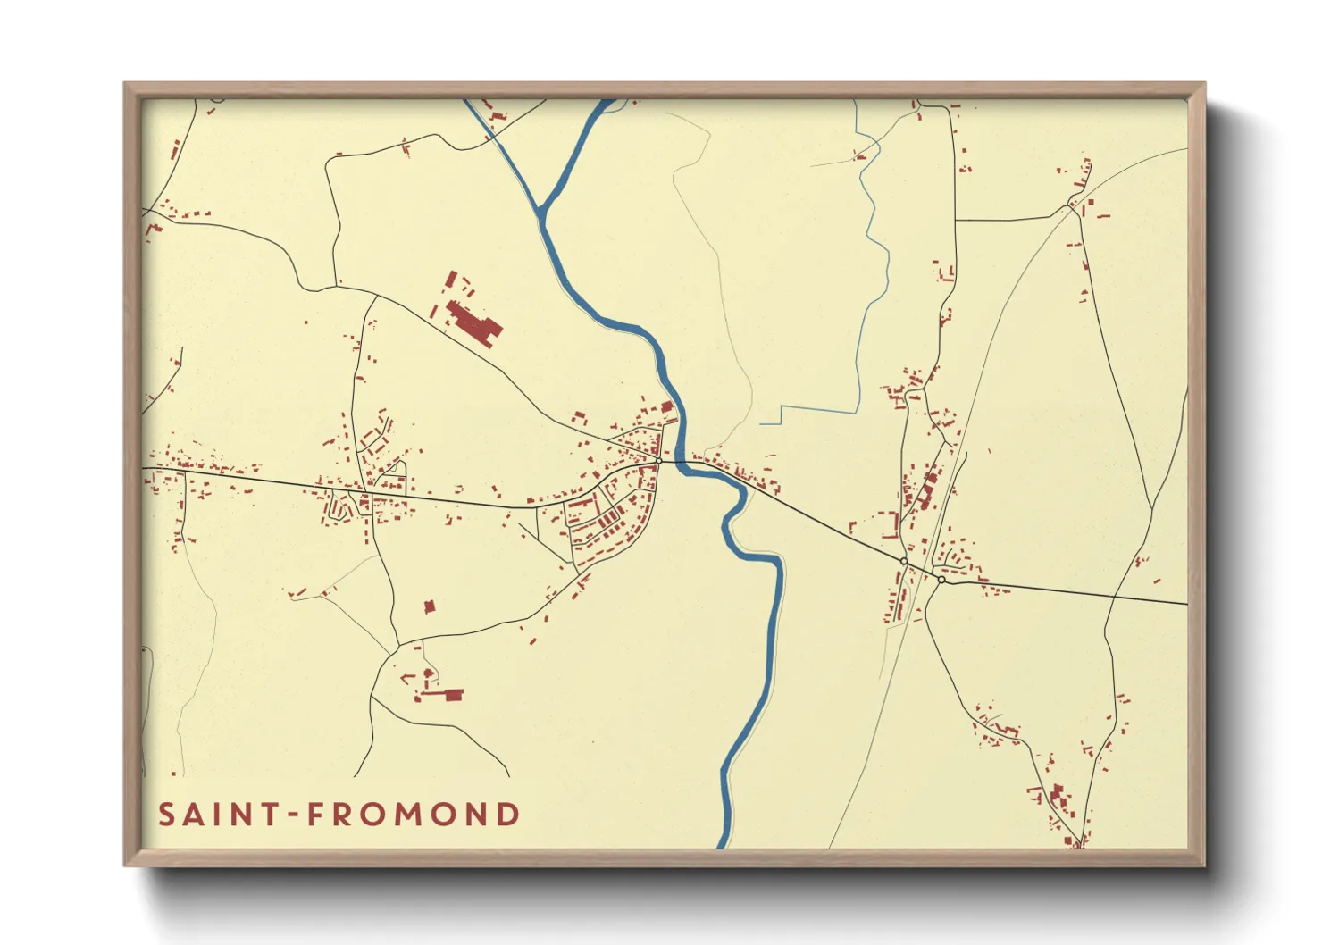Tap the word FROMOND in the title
tap(414, 815)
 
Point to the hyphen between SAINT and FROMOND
tap(289, 815)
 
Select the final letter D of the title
tap(509, 815)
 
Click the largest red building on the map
tap(473, 323)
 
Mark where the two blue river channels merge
tap(541, 212)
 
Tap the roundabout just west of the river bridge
tap(658, 461)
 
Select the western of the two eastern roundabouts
tap(904, 561)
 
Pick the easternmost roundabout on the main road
tap(941, 580)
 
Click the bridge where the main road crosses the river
tap(682, 463)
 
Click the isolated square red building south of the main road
tap(430, 606)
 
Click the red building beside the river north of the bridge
tap(666, 407)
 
